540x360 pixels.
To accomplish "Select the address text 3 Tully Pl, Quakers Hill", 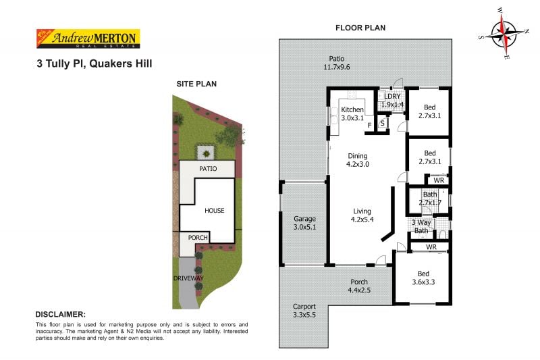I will pyautogui.click(x=94, y=63).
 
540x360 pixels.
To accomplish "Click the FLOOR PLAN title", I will pyautogui.click(x=361, y=28).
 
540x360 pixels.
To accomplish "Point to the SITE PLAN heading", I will pyautogui.click(x=196, y=84).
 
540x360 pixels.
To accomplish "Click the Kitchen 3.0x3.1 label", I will pyautogui.click(x=352, y=114).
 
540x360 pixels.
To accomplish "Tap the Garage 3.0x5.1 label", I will pyautogui.click(x=304, y=223).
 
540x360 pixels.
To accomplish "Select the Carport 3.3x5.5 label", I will pyautogui.click(x=304, y=310).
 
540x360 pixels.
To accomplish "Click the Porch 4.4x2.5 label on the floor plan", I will pyautogui.click(x=358, y=286).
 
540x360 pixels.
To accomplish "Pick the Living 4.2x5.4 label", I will pyautogui.click(x=362, y=215).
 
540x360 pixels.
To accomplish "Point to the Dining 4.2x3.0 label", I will pyautogui.click(x=358, y=159).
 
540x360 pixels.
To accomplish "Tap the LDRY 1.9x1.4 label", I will pyautogui.click(x=392, y=101).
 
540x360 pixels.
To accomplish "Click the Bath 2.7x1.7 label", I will pyautogui.click(x=430, y=199).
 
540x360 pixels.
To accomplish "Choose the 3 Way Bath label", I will pyautogui.click(x=421, y=226).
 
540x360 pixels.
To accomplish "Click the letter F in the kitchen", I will pyautogui.click(x=369, y=126).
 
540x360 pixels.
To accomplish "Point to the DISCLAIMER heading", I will pyautogui.click(x=60, y=314).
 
